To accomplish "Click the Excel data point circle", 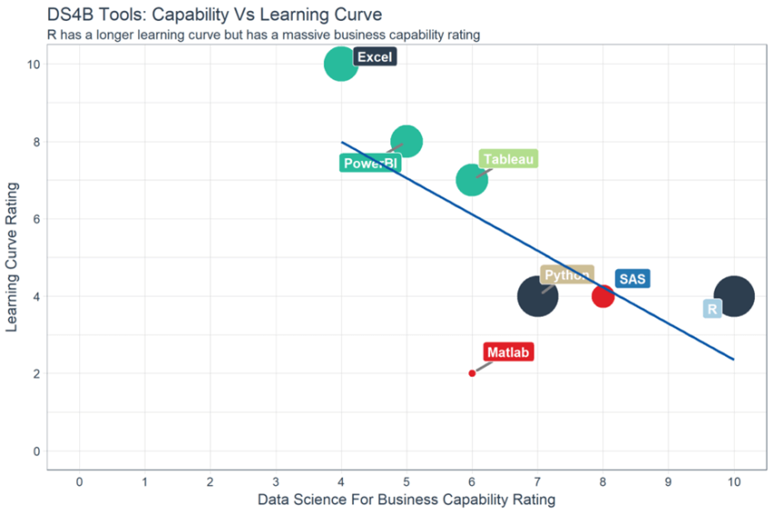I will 341,64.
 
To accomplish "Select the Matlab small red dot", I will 472,373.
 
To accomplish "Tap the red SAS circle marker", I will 603,296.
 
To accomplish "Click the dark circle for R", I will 733,296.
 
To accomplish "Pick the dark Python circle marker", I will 537,296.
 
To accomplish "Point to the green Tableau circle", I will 471,179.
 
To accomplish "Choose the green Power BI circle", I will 407,141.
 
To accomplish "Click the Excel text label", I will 375,56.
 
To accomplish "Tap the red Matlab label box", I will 508,352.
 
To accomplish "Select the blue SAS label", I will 633,278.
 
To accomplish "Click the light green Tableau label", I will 508,159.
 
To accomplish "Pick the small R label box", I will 712,309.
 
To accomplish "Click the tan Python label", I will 567,275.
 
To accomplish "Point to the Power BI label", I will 370,164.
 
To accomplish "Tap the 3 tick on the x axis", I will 276,480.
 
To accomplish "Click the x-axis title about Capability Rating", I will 406,500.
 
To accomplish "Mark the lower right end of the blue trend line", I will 732,359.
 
